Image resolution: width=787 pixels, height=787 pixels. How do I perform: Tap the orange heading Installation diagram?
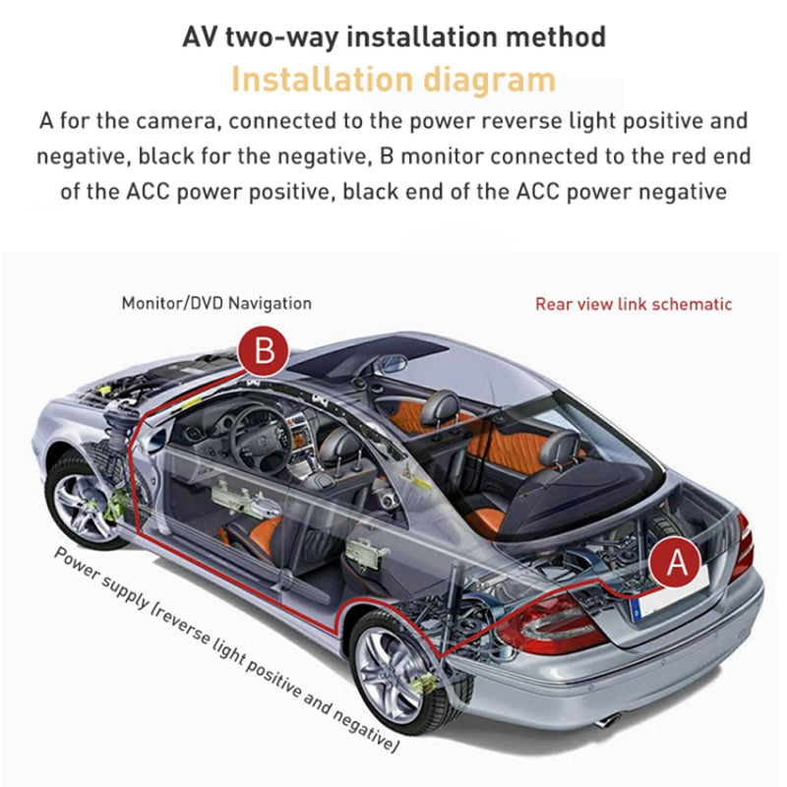point(393,79)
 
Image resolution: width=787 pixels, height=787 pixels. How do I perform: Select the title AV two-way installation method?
point(393,37)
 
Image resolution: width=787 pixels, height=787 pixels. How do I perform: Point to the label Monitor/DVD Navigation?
point(216,303)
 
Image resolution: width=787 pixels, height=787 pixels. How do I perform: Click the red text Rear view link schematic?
point(634,304)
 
